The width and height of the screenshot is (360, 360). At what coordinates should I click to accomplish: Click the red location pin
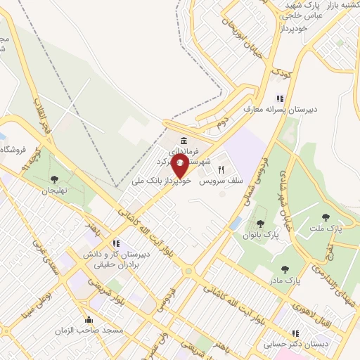coord(179,166)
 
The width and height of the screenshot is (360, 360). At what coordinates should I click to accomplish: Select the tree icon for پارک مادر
coord(285,269)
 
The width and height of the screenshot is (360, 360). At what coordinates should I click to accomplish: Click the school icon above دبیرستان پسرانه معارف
coord(280,98)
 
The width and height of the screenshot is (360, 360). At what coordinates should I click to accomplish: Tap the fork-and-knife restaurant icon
coord(221,169)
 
